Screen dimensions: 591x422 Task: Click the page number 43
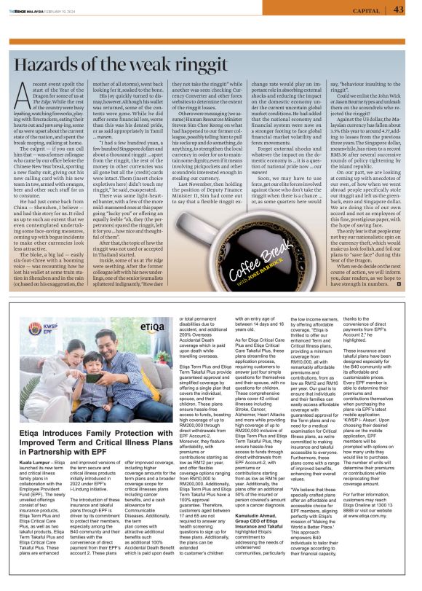click(x=398, y=9)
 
